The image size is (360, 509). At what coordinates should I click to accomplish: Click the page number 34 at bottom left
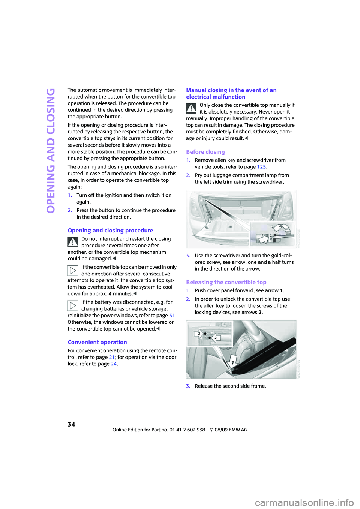71,424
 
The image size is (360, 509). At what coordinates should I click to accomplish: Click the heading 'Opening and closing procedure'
111,231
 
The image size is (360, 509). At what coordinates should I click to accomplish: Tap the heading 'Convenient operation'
97,342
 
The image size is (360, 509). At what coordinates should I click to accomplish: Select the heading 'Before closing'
205,152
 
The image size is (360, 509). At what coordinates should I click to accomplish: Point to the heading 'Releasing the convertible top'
226,282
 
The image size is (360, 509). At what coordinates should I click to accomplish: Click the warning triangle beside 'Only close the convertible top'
191,108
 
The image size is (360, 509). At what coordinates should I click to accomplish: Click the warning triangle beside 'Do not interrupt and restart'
73,242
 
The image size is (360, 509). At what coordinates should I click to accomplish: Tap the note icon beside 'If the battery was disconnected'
73,305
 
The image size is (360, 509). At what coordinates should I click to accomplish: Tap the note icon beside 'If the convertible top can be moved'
73,271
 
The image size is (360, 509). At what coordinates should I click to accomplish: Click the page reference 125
261,167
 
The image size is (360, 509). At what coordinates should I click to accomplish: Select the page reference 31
172,315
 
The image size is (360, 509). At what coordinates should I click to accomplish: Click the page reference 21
112,357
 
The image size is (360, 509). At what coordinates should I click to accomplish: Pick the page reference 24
113,364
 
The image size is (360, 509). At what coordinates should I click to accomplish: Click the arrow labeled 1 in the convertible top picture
233,362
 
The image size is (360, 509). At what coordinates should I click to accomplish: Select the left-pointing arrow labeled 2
214,338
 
